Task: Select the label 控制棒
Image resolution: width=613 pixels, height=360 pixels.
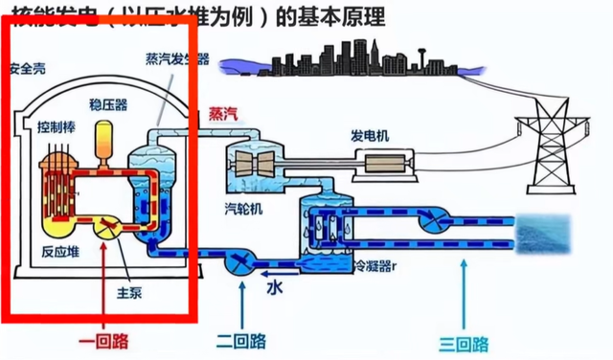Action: click(53, 126)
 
